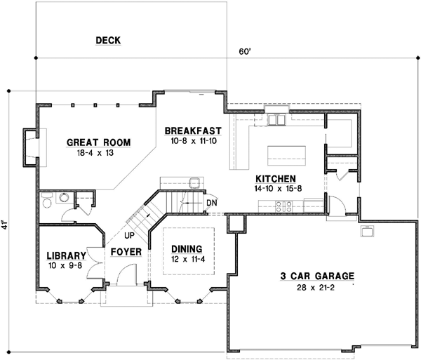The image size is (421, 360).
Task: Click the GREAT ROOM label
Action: [x=98, y=142]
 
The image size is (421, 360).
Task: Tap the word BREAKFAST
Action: [x=193, y=131]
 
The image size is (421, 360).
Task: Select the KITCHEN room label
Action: [x=274, y=178]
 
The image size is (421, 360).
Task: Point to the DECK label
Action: [x=108, y=41]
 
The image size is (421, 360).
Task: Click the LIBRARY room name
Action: [x=67, y=255]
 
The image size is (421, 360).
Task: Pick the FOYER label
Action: [x=126, y=251]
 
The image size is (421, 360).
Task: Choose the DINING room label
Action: [x=186, y=248]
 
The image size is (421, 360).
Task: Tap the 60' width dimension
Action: [x=243, y=51]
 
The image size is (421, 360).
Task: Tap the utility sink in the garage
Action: [x=366, y=230]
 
